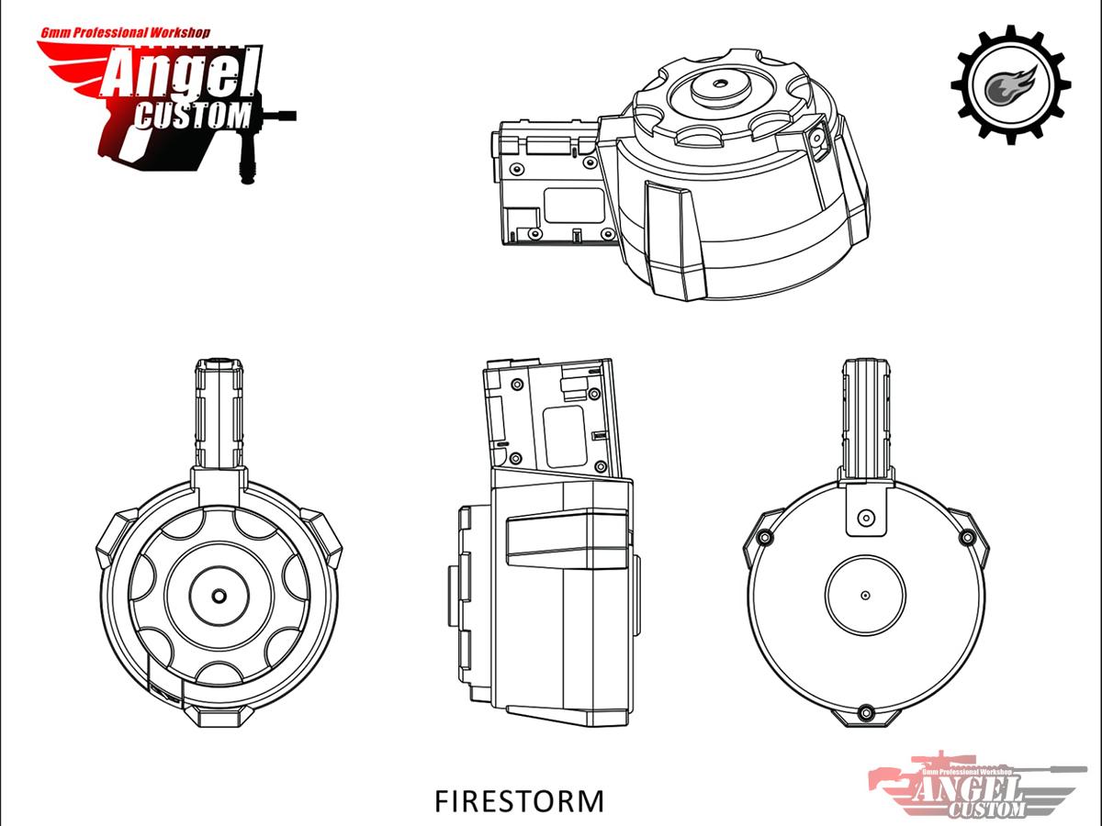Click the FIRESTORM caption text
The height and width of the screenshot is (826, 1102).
click(520, 800)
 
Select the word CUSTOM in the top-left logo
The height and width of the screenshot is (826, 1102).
click(194, 116)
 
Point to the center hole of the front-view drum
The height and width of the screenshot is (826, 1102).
click(219, 595)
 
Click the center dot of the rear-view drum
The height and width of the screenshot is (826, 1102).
click(865, 595)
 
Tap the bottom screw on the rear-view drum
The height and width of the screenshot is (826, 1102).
click(865, 711)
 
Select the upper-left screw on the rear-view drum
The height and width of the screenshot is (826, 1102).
click(762, 537)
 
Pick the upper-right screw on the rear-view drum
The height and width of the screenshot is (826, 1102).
click(966, 537)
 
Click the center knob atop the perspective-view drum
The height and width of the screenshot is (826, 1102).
click(718, 86)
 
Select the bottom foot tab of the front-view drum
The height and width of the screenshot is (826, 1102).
click(219, 717)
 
